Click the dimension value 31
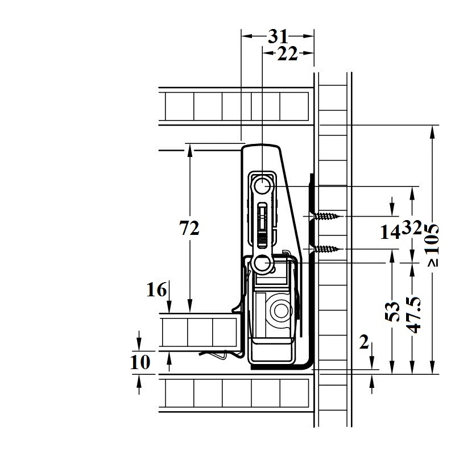(278, 36)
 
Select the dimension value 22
(287, 53)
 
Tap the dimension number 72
(189, 228)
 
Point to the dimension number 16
(157, 289)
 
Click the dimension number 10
(140, 362)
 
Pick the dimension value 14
(390, 232)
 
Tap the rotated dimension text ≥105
(433, 245)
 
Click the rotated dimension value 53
(392, 311)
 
